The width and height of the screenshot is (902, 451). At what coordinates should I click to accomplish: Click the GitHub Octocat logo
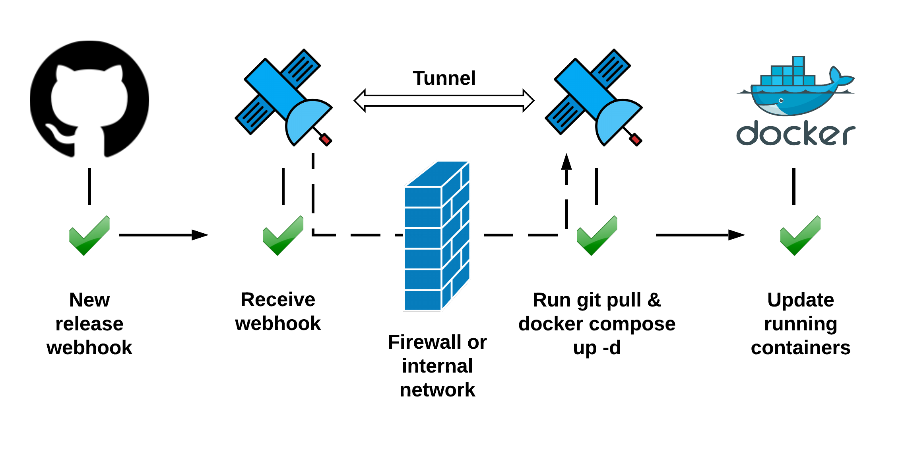[89, 99]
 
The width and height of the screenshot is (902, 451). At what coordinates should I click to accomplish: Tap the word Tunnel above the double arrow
[444, 78]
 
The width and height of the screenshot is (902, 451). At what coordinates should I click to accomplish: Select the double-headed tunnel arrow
[444, 101]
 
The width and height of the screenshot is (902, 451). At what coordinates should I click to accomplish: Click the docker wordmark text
[795, 134]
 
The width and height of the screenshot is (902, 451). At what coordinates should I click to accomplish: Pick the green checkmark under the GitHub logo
[89, 236]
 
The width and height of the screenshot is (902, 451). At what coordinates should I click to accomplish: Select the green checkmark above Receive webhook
[283, 236]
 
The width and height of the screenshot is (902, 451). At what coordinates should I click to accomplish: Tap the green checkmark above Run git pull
[597, 236]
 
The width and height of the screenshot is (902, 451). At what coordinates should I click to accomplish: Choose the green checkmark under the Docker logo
[800, 236]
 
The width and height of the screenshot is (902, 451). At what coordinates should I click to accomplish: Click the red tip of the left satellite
[326, 139]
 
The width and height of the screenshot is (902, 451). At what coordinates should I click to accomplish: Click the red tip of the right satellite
[636, 139]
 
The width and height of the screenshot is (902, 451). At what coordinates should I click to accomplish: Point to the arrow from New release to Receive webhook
[163, 235]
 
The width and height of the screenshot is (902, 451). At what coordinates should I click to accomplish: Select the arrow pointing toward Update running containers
[700, 235]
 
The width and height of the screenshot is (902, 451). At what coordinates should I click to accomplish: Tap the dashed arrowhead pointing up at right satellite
[566, 162]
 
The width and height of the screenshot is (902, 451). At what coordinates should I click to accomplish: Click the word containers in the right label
[800, 348]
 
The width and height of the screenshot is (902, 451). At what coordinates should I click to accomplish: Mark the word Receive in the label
[277, 299]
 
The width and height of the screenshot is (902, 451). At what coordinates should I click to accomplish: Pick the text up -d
[596, 348]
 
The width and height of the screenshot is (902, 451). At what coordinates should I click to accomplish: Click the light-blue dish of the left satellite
[306, 119]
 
